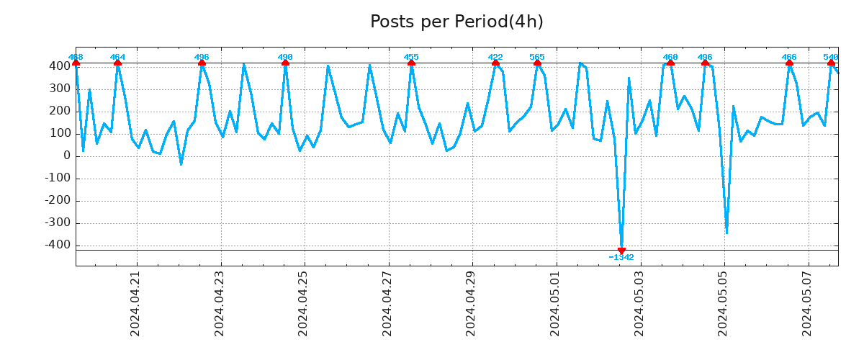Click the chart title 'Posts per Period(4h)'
click(x=456, y=22)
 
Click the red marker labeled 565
click(x=537, y=63)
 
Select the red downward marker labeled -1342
click(x=621, y=251)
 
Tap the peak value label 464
click(x=117, y=57)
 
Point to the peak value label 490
click(x=285, y=57)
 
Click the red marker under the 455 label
click(x=411, y=63)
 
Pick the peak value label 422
click(x=495, y=57)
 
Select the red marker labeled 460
click(x=670, y=63)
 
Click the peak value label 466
click(x=789, y=57)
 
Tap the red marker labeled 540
click(x=831, y=63)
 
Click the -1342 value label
click(x=621, y=258)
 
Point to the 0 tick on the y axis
click(x=66, y=156)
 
